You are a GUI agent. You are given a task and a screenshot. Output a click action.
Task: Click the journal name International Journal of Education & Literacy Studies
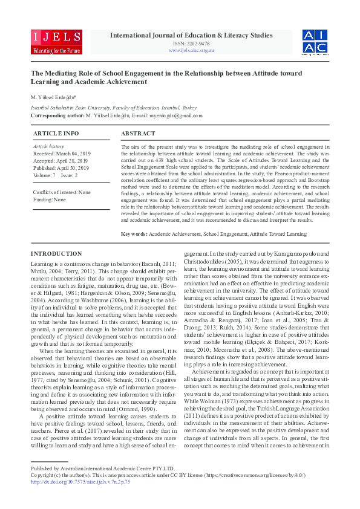pyautogui.click(x=191, y=35)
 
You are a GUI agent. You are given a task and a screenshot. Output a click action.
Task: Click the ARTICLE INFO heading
pyautogui.click(x=56, y=133)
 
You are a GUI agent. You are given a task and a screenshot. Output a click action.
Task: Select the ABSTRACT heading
pyautogui.click(x=138, y=133)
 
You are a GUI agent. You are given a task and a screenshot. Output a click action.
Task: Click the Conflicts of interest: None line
pyautogui.click(x=62, y=192)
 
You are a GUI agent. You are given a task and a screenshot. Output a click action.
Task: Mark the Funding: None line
pyautogui.click(x=50, y=199)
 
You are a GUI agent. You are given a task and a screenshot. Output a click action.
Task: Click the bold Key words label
pyautogui.click(x=134, y=233)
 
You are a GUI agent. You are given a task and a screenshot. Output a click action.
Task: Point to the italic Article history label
pyautogui.click(x=48, y=147)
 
